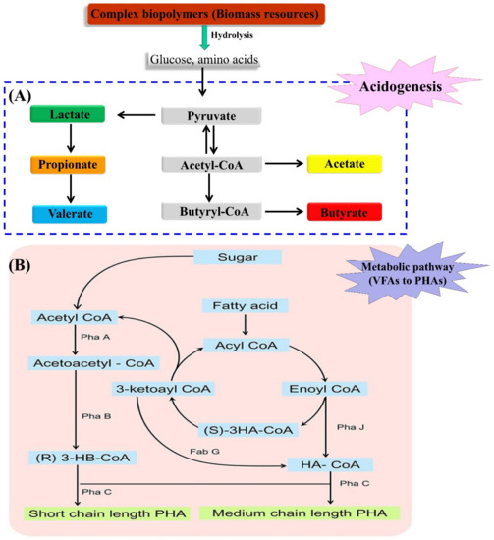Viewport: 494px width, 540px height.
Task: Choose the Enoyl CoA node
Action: click(x=343, y=390)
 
